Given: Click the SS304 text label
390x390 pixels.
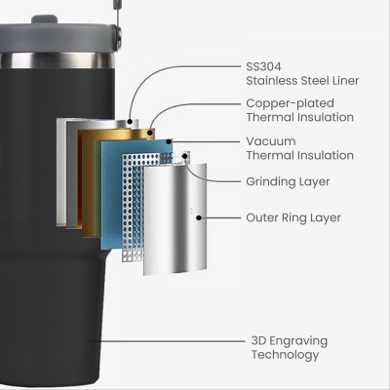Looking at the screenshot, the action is pyautogui.click(x=263, y=66).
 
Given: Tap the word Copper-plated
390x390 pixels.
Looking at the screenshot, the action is pyautogui.click(x=290, y=103).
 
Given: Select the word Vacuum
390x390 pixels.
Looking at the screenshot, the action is pyautogui.click(x=271, y=141).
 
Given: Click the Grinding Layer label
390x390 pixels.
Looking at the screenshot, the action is pyautogui.click(x=288, y=181).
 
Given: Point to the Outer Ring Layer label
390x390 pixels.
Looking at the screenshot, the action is pyautogui.click(x=293, y=217).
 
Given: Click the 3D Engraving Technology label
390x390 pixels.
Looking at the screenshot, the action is pyautogui.click(x=290, y=348).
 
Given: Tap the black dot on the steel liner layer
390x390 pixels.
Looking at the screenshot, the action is pyautogui.click(x=130, y=122).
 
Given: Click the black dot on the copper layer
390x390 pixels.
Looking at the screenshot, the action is pyautogui.click(x=150, y=133).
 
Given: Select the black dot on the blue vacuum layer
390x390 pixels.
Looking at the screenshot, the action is pyautogui.click(x=169, y=141).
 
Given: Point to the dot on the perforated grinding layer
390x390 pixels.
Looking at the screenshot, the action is pyautogui.click(x=185, y=156).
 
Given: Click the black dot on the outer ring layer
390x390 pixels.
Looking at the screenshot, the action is pyautogui.click(x=199, y=217).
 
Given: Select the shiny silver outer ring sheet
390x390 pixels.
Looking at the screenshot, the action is pyautogui.click(x=175, y=219).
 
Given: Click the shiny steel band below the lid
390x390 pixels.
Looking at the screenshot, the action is pyautogui.click(x=58, y=60).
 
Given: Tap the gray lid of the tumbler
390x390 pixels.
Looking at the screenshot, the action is pyautogui.click(x=58, y=37).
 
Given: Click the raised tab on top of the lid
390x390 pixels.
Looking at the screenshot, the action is pyautogui.click(x=45, y=19).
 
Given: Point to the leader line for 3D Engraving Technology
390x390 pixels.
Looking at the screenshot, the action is pyautogui.click(x=166, y=341).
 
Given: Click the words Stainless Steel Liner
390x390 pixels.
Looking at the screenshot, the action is pyautogui.click(x=302, y=81).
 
